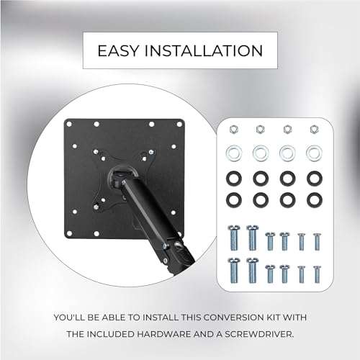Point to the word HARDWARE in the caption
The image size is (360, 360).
pyautogui.click(x=192, y=332)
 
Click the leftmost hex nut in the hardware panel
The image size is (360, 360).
pyautogui.click(x=233, y=130)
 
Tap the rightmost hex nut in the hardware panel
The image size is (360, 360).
pyautogui.click(x=313, y=130)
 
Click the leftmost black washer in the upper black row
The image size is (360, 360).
pyautogui.click(x=233, y=176)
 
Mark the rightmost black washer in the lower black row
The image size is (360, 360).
pyautogui.click(x=313, y=197)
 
